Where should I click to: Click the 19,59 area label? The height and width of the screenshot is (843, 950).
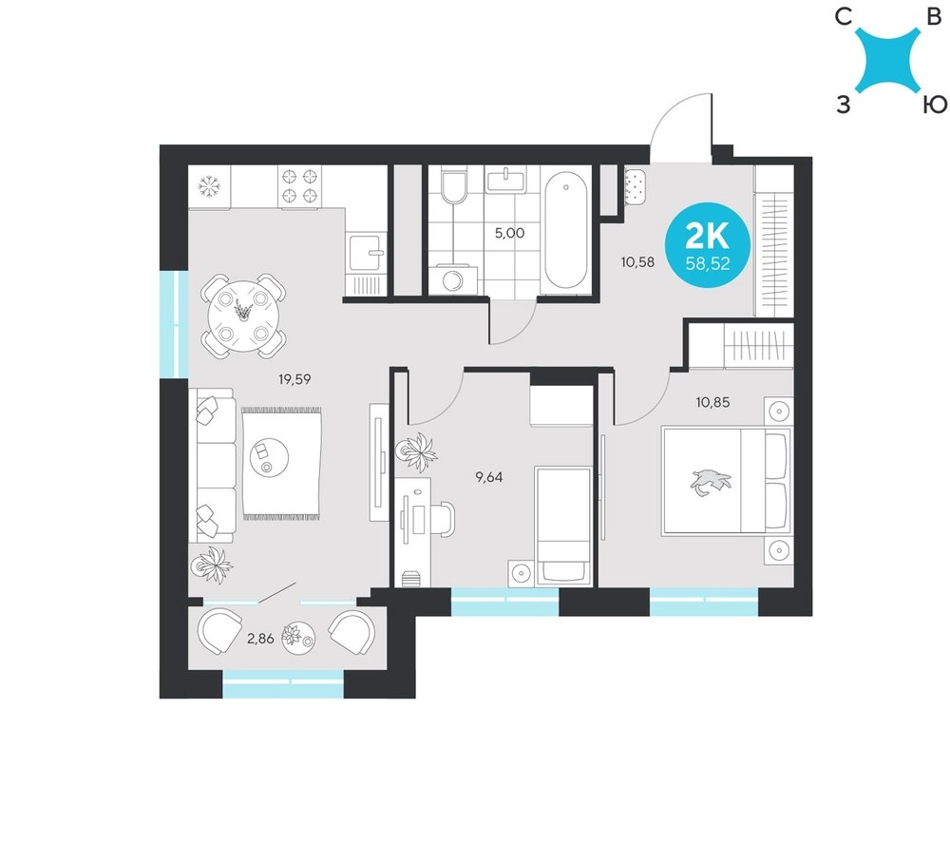(294, 380)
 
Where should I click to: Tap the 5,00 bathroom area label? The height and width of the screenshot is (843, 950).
(509, 233)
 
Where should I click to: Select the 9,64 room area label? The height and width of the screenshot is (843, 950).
(489, 477)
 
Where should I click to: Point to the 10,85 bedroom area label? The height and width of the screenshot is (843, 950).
(713, 402)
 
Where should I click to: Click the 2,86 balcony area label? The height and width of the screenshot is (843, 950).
(260, 638)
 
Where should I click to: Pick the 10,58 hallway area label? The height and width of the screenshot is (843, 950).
(638, 262)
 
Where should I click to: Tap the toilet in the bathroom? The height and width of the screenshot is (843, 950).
(454, 185)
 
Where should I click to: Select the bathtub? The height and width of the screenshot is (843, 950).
(565, 231)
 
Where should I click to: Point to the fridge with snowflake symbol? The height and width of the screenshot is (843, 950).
(209, 186)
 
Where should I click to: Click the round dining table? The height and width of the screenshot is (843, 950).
(242, 316)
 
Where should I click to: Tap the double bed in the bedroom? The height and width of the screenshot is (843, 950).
(727, 481)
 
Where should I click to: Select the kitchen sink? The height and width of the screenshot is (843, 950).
(366, 253)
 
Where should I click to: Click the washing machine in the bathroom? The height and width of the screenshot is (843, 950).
(452, 280)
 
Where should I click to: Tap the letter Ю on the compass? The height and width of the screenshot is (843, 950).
(934, 105)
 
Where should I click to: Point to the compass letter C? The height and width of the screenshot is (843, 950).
(843, 17)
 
